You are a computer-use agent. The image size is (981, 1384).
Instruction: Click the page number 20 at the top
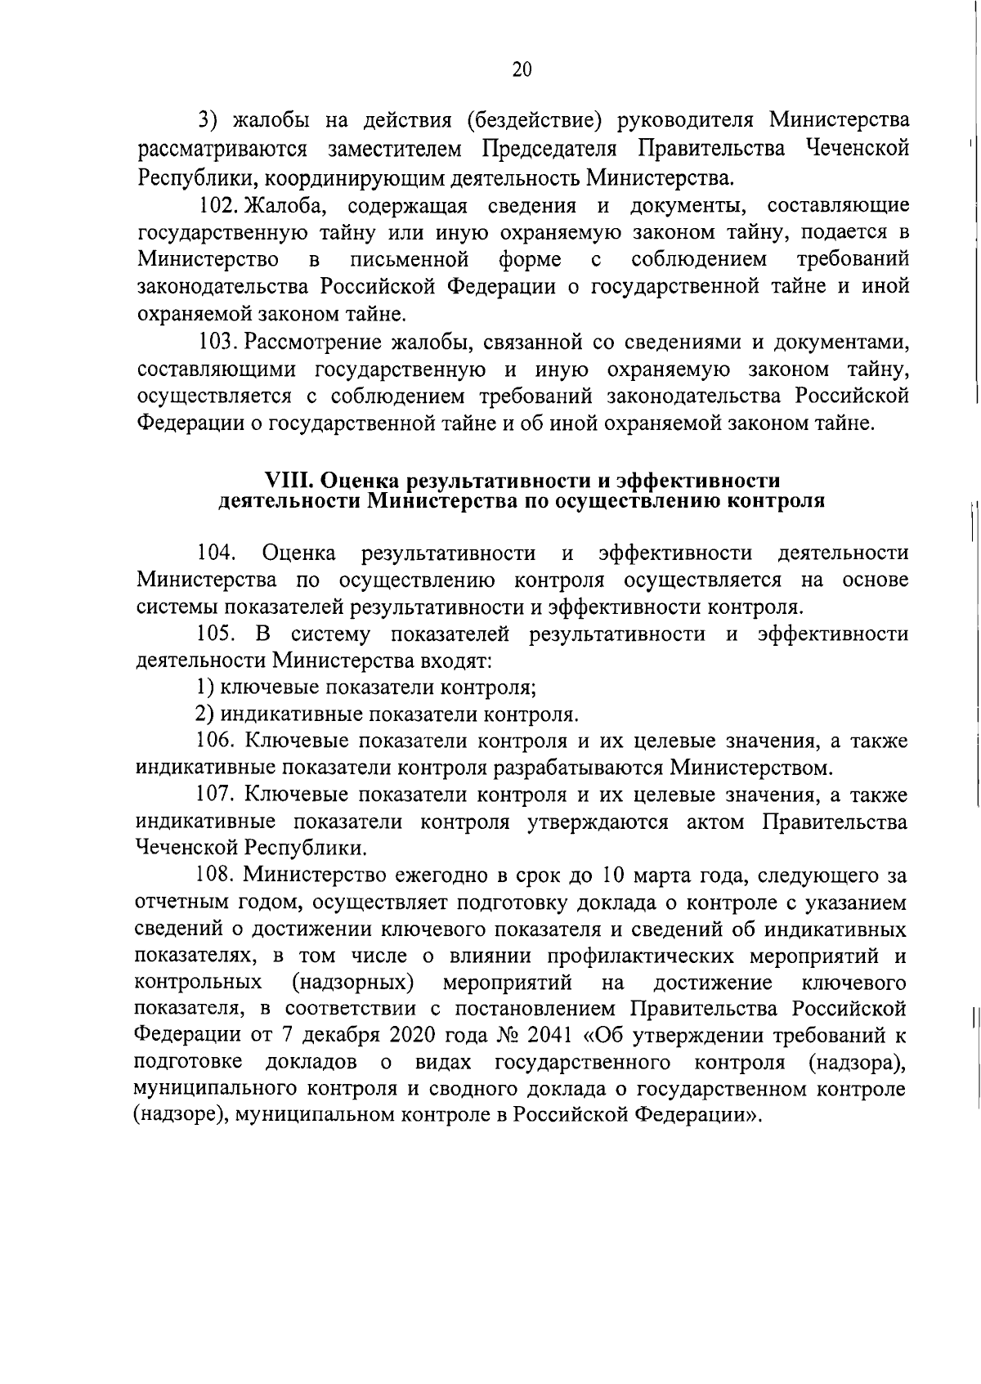(x=522, y=69)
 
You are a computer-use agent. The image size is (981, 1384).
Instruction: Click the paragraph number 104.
(x=216, y=553)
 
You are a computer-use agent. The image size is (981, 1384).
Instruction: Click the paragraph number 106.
(x=216, y=741)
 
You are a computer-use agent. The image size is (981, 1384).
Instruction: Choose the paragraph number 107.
(x=216, y=795)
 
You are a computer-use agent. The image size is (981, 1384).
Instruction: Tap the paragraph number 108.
(x=216, y=876)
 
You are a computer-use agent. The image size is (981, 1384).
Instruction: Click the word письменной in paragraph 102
(x=409, y=259)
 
